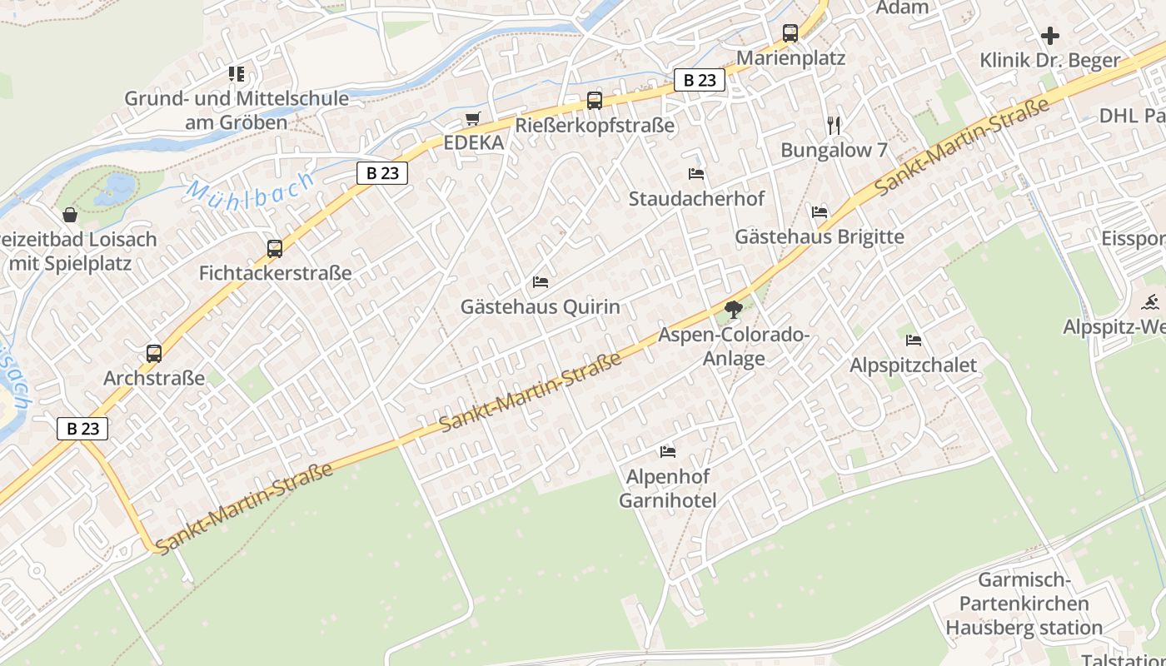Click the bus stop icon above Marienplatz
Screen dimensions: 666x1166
click(x=790, y=33)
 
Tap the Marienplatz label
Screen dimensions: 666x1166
click(x=790, y=58)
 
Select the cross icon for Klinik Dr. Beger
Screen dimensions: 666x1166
click(x=1050, y=36)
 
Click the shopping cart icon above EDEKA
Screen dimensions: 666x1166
click(x=473, y=119)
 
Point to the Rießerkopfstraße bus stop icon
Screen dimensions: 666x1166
click(x=594, y=101)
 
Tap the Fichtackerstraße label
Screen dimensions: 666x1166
click(x=275, y=273)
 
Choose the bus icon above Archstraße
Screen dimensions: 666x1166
click(x=154, y=353)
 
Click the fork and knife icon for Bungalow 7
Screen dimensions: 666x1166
click(x=834, y=126)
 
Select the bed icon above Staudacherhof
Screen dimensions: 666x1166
click(x=696, y=174)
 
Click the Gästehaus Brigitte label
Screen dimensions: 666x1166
click(x=819, y=236)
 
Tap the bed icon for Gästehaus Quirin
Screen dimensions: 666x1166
click(x=541, y=282)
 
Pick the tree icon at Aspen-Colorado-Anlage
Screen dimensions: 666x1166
click(x=733, y=310)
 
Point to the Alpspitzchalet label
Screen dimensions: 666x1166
click(x=913, y=365)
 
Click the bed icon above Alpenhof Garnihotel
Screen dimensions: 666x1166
click(x=667, y=452)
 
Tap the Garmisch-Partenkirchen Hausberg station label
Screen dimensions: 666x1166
click(x=1024, y=604)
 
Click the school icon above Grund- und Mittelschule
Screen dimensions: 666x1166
click(x=237, y=74)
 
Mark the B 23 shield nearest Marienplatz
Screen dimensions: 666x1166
click(x=699, y=80)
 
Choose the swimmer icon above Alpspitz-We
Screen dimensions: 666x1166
click(x=1152, y=302)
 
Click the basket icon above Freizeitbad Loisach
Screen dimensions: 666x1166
click(x=71, y=215)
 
